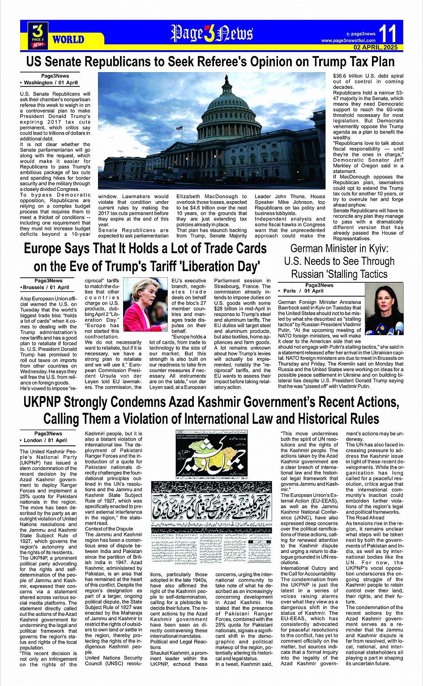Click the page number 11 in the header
point(388,34)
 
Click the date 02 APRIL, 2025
point(375,47)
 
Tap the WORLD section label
point(68,39)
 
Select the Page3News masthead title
point(211,34)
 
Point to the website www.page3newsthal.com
point(348,41)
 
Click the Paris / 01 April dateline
point(303,291)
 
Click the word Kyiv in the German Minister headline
point(375,248)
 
